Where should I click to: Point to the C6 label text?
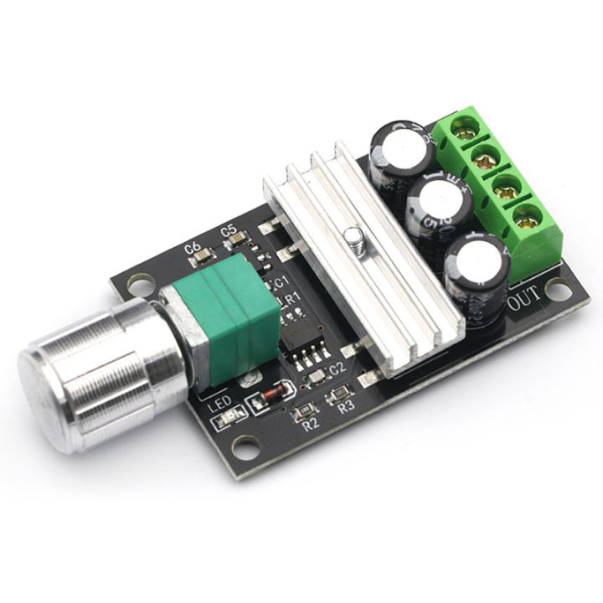(x=192, y=248)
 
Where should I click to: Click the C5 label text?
(x=227, y=231)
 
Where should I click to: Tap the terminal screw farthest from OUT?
(x=459, y=127)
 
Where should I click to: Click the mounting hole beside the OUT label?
(x=554, y=289)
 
